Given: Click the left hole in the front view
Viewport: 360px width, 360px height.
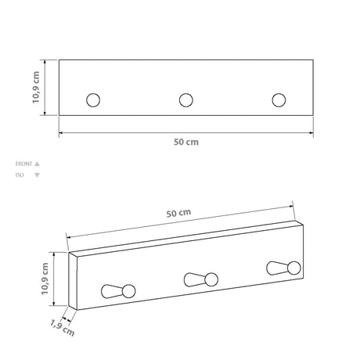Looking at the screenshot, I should point(94,99).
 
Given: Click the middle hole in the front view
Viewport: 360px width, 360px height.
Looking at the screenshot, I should point(186,99).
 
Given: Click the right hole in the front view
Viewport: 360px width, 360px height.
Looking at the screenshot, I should point(279,99).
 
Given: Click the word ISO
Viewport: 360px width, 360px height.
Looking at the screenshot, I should point(20,175).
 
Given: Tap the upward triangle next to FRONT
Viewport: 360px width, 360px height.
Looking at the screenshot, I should point(37,164).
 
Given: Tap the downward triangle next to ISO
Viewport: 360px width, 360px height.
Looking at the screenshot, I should point(37,175).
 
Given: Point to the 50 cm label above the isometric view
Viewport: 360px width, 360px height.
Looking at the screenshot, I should point(178,213).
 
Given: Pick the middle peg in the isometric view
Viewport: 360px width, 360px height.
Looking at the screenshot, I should point(201,278).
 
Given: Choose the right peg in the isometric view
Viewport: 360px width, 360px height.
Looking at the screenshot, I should point(283,267).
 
